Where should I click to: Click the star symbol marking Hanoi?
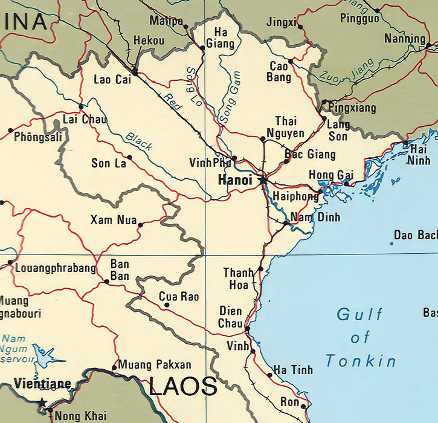coord(263,179)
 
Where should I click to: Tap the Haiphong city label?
coord(295,197)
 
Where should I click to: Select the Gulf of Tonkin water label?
coord(361,337)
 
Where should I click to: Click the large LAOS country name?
coord(182,386)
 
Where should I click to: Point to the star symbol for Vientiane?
coord(42,402)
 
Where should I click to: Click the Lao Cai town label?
coord(112,79)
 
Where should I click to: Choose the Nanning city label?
coord(404,39)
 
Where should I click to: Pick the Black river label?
coord(139,141)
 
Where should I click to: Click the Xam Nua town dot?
coord(140,225)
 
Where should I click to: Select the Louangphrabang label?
coord(55,268)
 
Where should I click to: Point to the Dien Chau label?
coord(230,317)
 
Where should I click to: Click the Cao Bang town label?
coord(279,71)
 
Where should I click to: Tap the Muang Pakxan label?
coord(155,364)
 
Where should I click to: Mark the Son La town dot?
coord(129,157)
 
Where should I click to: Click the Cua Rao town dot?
coord(167,305)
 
